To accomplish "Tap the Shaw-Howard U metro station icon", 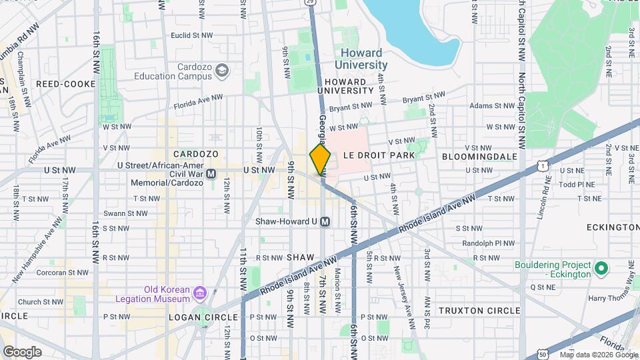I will coord(325,221).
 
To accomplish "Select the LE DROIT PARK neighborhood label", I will coord(379,155).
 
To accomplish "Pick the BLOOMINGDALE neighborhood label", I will coord(479,156).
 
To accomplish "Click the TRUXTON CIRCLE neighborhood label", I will coord(479,311).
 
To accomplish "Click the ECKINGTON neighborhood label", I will coord(612,227).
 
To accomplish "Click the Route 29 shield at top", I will coord(311,3).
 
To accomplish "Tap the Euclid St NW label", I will coord(191,35).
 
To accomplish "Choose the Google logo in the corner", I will coord(21,352).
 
